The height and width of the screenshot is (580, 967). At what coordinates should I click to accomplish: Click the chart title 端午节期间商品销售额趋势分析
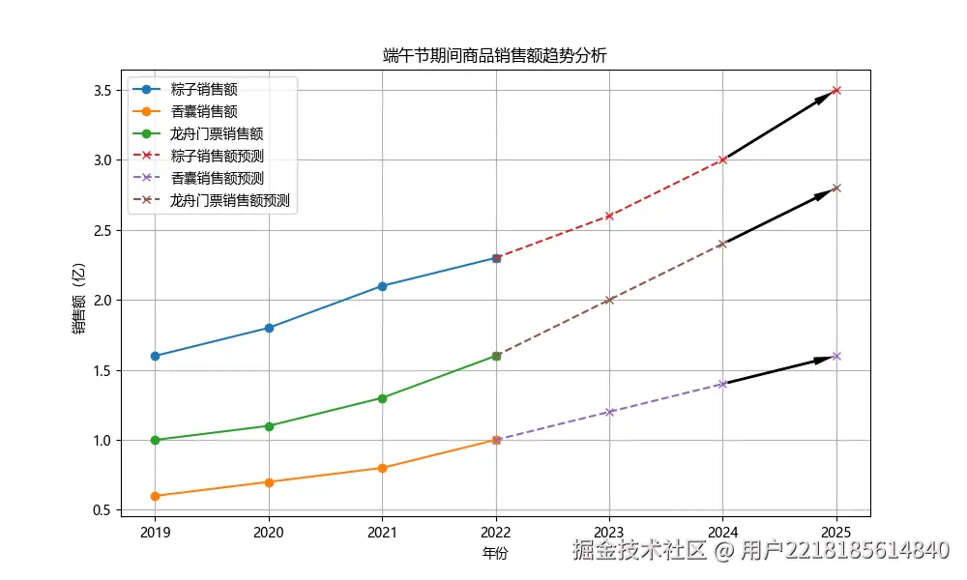(x=494, y=56)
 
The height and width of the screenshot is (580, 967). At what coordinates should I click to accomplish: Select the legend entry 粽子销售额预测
(x=217, y=156)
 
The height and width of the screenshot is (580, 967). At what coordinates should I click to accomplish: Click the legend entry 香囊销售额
(x=203, y=111)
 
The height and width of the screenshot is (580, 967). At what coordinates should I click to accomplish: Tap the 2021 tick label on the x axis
(x=382, y=531)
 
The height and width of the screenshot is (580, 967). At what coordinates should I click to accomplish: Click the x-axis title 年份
(x=494, y=554)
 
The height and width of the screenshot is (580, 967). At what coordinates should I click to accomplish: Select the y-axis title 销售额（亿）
(x=78, y=300)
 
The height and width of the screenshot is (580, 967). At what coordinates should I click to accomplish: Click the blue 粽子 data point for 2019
(x=155, y=356)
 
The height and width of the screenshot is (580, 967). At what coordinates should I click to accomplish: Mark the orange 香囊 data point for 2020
(x=269, y=481)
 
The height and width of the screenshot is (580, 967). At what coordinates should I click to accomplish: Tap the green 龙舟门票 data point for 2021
(x=382, y=398)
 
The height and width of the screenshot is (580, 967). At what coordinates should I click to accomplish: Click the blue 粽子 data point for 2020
(x=269, y=328)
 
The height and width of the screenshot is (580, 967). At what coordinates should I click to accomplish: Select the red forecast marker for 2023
(x=609, y=216)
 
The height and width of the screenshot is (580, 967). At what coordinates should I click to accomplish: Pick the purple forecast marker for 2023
(x=609, y=412)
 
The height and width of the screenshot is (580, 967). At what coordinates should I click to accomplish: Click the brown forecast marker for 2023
(x=609, y=300)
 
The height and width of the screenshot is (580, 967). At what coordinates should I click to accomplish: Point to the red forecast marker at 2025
(x=836, y=90)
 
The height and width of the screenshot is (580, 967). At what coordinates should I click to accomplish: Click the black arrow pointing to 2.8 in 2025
(x=778, y=217)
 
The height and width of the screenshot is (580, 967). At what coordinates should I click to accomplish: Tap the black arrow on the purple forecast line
(x=778, y=370)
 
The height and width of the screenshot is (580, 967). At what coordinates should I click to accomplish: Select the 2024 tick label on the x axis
(x=722, y=531)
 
